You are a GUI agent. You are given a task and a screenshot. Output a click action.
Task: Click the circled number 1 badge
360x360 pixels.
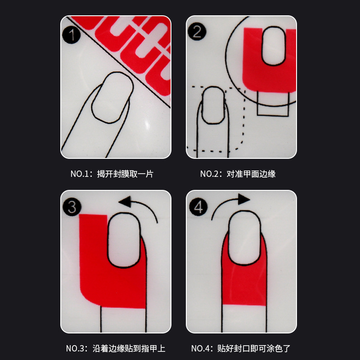[x=71, y=35]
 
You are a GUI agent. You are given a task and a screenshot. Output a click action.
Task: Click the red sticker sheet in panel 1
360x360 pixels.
[x=135, y=45]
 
